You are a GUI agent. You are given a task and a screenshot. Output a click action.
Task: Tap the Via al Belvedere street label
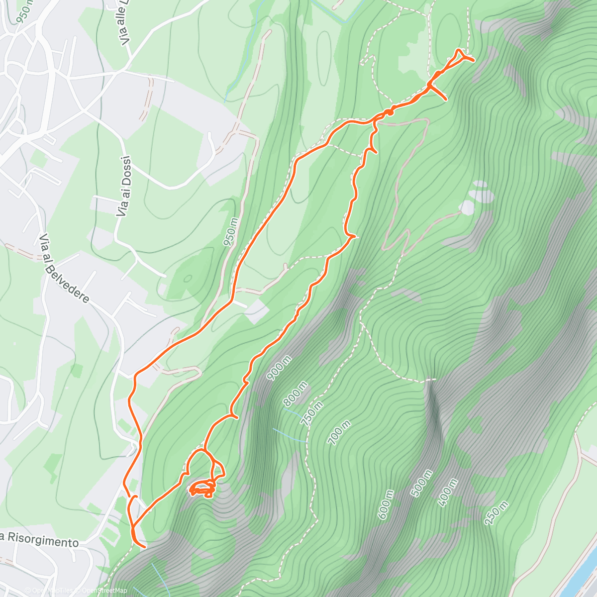point(65,269)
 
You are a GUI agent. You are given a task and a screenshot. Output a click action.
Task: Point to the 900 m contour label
point(279,369)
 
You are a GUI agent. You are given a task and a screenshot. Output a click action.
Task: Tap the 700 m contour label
point(340,432)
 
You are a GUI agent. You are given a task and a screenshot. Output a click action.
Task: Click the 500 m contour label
point(421,483)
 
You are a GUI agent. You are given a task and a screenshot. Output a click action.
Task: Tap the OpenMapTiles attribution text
point(50,591)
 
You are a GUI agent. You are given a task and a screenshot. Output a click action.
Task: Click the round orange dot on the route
point(391,112)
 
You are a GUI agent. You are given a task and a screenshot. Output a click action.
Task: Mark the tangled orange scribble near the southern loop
point(203,490)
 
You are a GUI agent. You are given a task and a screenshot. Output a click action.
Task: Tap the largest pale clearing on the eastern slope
point(468,207)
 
